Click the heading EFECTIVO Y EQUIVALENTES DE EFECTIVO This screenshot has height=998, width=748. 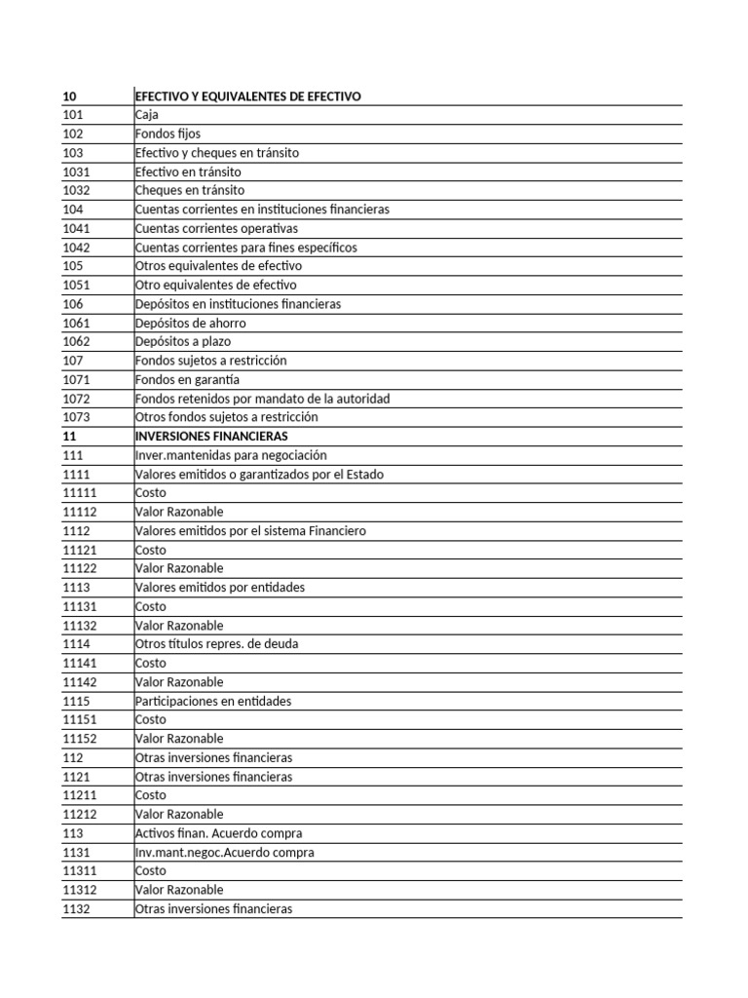[247, 96]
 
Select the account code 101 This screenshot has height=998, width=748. [73, 115]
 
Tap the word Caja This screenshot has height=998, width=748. [148, 115]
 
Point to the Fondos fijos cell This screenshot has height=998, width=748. [168, 134]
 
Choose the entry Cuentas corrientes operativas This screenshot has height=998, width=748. [216, 228]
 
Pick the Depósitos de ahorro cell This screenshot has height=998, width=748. [190, 323]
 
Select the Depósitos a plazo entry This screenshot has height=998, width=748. [183, 342]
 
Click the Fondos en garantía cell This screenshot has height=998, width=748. [187, 379]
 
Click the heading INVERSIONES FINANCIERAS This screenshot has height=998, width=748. [211, 437]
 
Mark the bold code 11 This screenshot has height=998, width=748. [69, 437]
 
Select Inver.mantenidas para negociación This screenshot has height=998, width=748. [231, 455]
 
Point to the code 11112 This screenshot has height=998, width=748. [79, 512]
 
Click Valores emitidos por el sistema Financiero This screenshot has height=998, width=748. [250, 531]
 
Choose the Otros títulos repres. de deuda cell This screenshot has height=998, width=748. [215, 644]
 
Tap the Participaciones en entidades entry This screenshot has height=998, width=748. [213, 701]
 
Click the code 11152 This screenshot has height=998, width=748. [79, 739]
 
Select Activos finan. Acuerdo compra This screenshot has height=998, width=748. [218, 833]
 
